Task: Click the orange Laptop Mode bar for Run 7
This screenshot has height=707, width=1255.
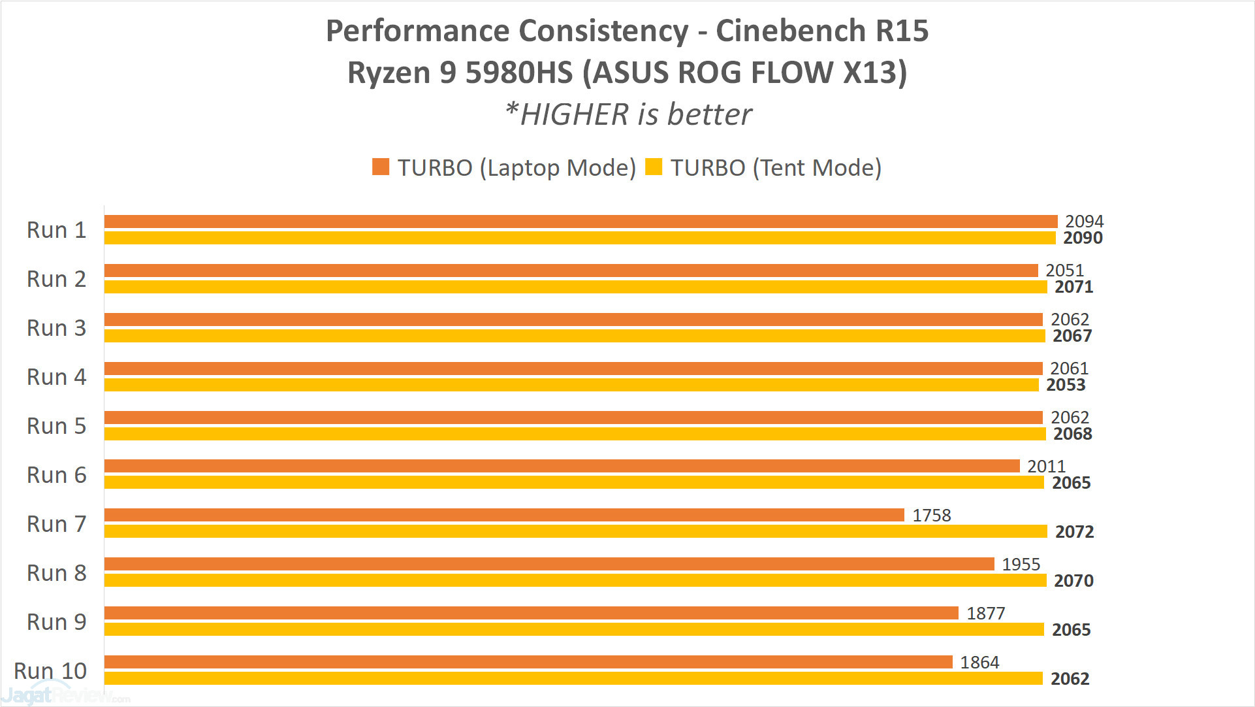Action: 504,515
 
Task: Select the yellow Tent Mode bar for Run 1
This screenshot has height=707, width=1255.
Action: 580,238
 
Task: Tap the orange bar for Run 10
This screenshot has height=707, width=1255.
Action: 528,662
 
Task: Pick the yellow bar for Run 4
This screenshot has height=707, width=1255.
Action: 571,385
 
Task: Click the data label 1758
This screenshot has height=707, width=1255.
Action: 931,516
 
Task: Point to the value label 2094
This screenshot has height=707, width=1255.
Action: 1084,222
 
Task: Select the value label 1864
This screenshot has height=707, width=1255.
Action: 979,663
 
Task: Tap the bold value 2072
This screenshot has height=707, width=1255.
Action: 1074,532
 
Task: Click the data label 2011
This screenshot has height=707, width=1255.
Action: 1046,467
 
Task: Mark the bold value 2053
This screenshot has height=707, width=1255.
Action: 1066,385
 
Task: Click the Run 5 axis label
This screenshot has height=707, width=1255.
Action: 56,426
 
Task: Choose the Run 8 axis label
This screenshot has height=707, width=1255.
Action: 56,573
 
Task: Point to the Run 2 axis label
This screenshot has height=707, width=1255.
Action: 56,279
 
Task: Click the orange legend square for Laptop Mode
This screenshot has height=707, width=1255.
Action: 381,167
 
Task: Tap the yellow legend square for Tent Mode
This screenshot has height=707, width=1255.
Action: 654,167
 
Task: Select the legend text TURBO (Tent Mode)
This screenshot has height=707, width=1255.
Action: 776,168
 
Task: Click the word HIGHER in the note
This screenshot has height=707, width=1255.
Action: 574,115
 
